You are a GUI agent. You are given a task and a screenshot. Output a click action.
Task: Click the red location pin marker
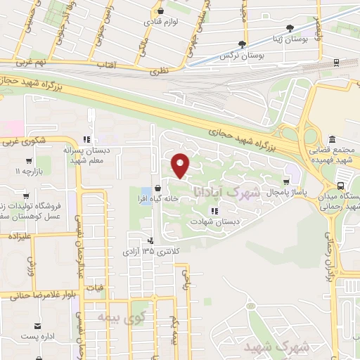coord(181,165)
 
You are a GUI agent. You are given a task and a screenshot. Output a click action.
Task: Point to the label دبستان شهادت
coord(213,221)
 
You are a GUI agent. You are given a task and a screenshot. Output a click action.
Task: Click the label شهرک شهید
coord(276,347)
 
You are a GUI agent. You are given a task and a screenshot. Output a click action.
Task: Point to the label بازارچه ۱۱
coord(29,171)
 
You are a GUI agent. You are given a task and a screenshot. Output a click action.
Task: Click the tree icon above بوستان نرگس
coord(243,44)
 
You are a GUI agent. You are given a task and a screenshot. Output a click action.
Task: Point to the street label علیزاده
coord(22,238)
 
